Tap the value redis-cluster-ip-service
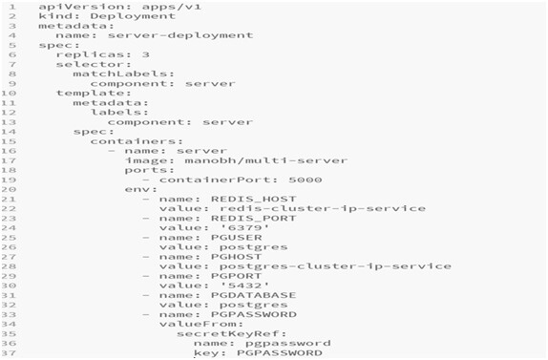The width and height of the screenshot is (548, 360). click(x=322, y=207)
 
